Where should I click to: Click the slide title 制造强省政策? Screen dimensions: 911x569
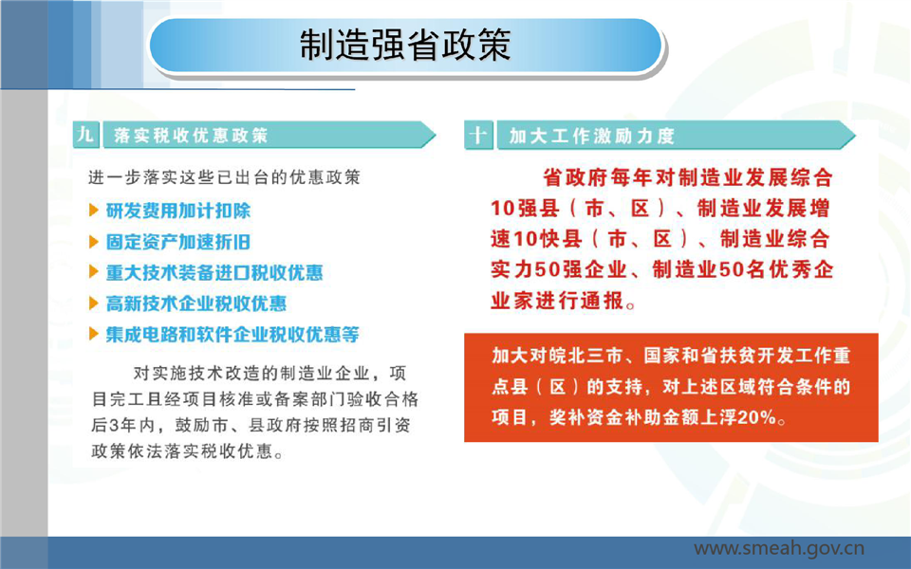point(405,45)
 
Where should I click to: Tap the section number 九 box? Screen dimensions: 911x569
point(86,135)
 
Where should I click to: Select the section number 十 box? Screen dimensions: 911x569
point(478,136)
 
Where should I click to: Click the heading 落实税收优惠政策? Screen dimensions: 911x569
point(191,136)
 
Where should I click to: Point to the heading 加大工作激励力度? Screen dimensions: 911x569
point(591,136)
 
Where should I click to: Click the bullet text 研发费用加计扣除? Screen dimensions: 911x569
point(177,211)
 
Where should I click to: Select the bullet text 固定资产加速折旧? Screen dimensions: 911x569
point(177,242)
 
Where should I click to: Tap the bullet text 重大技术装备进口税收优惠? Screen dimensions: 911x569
point(214,272)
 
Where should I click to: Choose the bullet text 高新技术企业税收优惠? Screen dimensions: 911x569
point(195,303)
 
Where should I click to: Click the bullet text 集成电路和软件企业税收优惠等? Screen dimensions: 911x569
point(232,334)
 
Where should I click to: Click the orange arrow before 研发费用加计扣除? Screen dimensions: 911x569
point(94,210)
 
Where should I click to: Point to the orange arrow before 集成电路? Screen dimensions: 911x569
point(94,333)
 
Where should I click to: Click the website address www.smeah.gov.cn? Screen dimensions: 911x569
point(779,548)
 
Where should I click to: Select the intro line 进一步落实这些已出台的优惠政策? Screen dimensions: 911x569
point(224,177)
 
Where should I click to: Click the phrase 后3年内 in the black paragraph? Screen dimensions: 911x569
point(122,425)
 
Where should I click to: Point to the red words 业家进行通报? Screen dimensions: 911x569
point(557,301)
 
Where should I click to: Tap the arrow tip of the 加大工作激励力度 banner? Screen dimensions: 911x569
point(855,136)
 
